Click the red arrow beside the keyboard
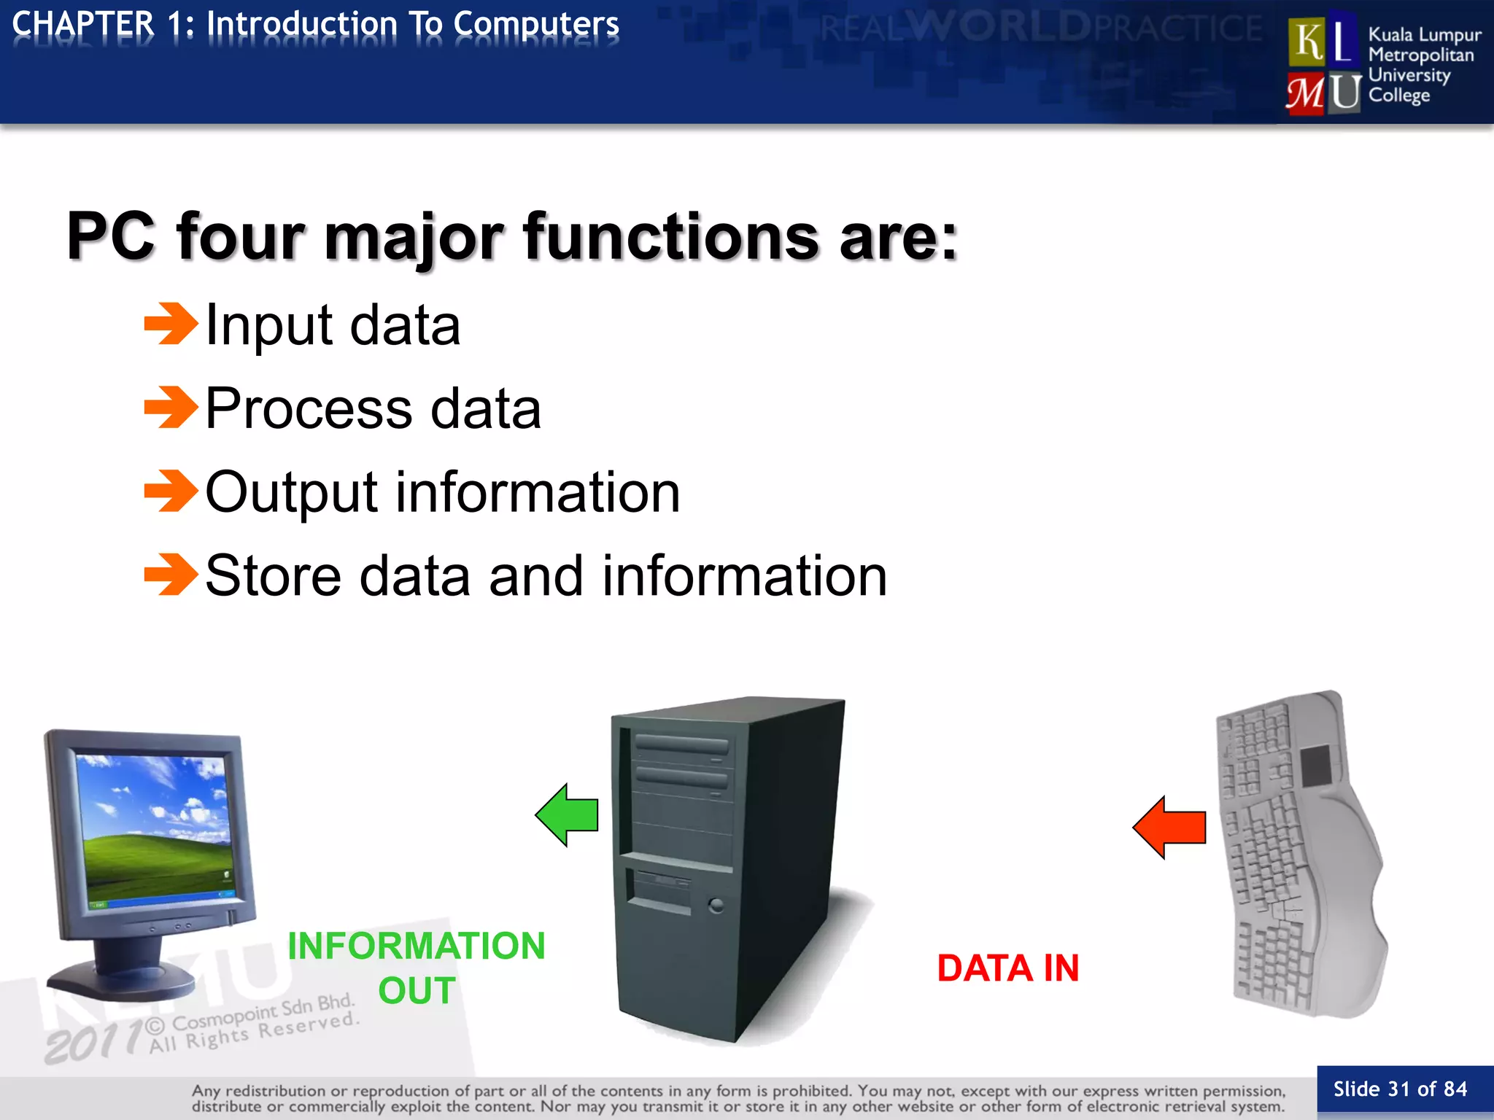pyautogui.click(x=1171, y=828)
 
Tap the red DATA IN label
pyautogui.click(x=1007, y=968)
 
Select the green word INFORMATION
pyautogui.click(x=416, y=946)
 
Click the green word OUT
pyautogui.click(x=417, y=991)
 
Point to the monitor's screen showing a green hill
pyautogui.click(x=155, y=831)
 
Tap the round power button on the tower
pyautogui.click(x=716, y=906)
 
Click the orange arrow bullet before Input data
pyautogui.click(x=171, y=324)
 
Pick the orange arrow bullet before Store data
pyautogui.click(x=171, y=575)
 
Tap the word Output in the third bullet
pyautogui.click(x=291, y=492)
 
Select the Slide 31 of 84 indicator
pyautogui.click(x=1399, y=1089)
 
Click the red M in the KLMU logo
pyautogui.click(x=1305, y=94)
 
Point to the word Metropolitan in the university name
pyautogui.click(x=1420, y=55)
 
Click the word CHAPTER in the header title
pyautogui.click(x=83, y=24)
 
